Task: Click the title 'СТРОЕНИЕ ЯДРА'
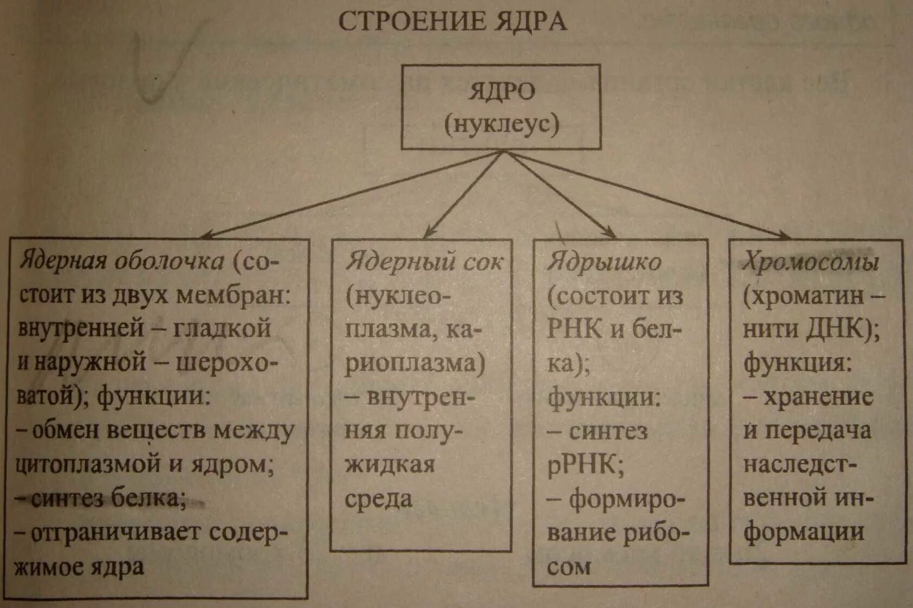coord(452,22)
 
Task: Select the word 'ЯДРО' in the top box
coord(501,92)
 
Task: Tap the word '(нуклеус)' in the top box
coord(501,124)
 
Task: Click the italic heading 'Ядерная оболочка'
coord(122,261)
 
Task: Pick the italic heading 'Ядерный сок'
coord(424,261)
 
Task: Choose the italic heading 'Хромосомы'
coord(810,262)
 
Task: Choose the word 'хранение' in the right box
coord(818,398)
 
